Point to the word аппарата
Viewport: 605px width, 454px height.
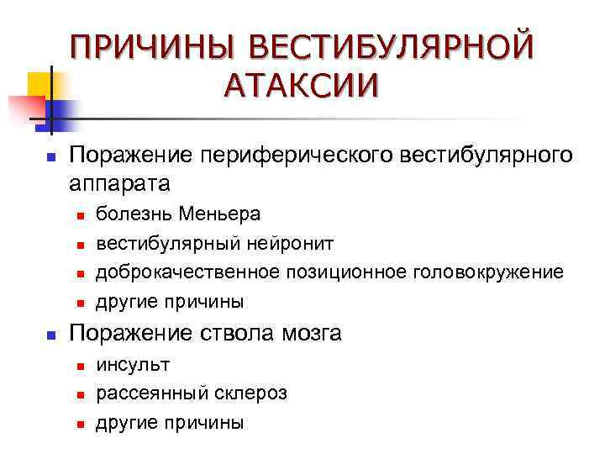[x=118, y=182]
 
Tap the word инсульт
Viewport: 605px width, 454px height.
[x=133, y=365]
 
